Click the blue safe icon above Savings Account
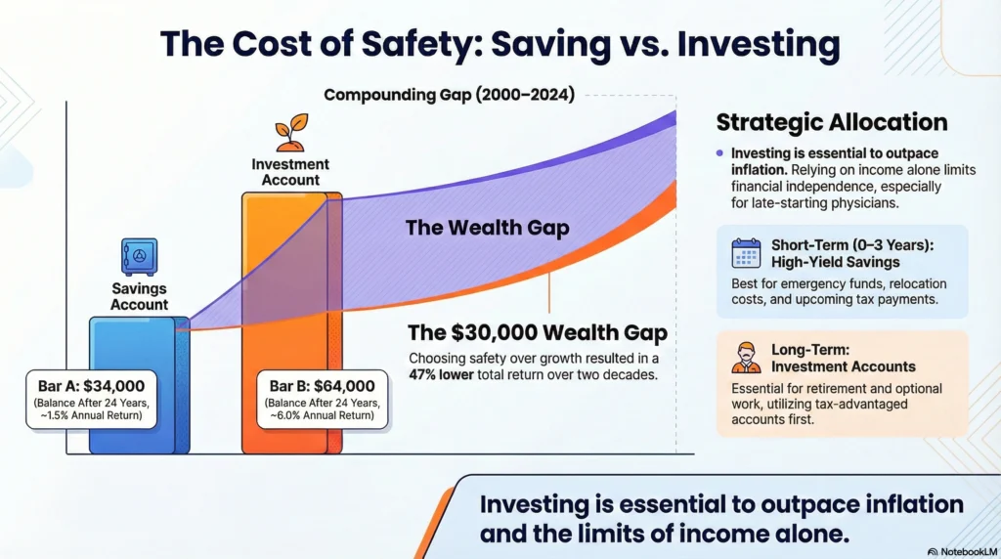point(139,257)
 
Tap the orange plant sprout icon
point(291,133)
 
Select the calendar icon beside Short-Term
point(746,253)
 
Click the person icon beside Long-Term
point(746,358)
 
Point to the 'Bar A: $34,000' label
point(91,386)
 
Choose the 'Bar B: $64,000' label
point(322,386)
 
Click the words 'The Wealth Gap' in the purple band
point(487,228)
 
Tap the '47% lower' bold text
point(441,374)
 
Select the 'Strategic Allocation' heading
point(832,122)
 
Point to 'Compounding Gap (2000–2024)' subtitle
point(449,95)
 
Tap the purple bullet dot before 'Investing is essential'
point(719,153)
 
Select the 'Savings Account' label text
point(139,297)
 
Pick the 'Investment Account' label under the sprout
point(290,172)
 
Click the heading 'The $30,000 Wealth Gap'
point(538,332)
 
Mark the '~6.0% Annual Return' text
point(322,415)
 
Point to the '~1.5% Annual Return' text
point(91,415)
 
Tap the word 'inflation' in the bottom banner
point(915,504)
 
